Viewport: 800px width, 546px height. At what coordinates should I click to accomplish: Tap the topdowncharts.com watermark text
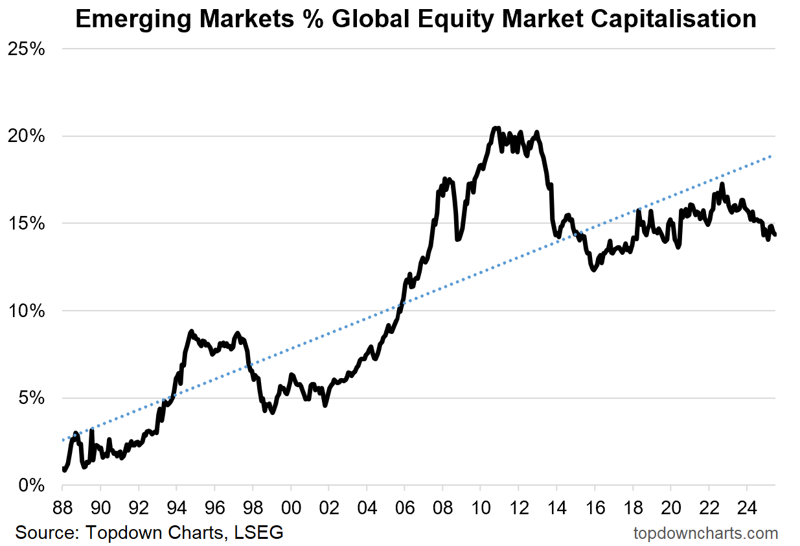coord(705,533)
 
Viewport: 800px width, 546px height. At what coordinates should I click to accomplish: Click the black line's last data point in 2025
coord(775,235)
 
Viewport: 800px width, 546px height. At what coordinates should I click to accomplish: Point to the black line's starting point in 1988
coord(63,469)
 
